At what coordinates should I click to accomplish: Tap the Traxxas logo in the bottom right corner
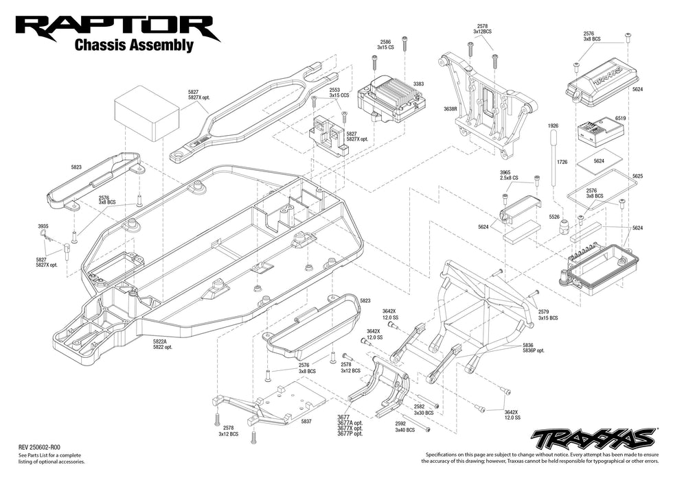click(x=594, y=437)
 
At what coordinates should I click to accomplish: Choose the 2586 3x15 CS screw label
click(x=385, y=45)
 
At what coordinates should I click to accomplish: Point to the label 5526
click(x=554, y=217)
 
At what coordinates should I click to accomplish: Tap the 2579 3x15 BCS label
click(x=547, y=315)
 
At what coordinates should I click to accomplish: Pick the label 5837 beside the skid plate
click(x=306, y=422)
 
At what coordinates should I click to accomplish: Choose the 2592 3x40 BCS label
click(x=404, y=427)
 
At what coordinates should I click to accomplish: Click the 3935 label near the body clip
click(x=43, y=225)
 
